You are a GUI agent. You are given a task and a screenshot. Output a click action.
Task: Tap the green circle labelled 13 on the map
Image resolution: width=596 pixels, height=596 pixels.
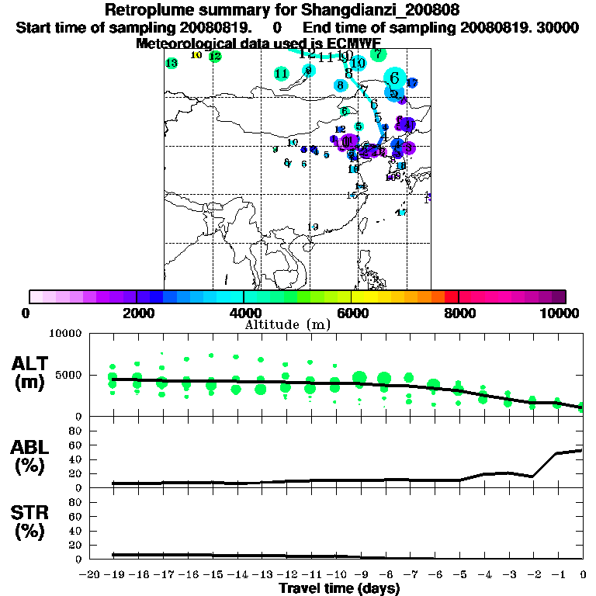point(172,63)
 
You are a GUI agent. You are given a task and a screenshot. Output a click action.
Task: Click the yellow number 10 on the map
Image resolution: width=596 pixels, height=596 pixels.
point(196,55)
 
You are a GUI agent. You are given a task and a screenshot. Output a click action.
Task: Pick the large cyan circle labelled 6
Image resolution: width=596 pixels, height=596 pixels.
point(395,78)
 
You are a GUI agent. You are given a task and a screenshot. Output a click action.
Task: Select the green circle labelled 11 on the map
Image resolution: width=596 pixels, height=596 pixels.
point(282,74)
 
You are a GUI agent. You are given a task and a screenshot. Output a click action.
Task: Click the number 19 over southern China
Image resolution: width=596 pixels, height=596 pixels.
point(314,227)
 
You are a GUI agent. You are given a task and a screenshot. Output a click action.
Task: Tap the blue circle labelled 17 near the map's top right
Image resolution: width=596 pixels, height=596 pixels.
point(412,83)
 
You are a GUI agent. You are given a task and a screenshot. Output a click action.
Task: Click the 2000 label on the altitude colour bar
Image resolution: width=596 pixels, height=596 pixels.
point(137,313)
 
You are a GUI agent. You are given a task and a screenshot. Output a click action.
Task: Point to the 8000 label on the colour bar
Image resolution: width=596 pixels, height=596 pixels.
point(459,313)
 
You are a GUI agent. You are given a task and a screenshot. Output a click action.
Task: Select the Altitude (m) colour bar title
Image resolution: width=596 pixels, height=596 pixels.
point(287,324)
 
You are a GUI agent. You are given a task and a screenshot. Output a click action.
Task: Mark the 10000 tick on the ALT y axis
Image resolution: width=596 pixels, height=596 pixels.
point(66,334)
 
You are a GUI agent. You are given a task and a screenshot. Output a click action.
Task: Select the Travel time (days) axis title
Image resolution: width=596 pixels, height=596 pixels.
point(339,588)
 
